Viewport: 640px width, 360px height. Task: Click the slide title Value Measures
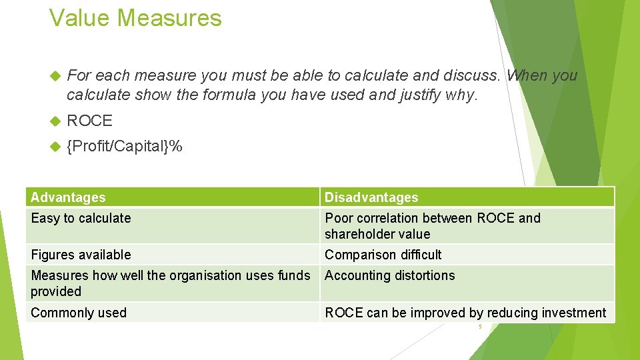(x=135, y=18)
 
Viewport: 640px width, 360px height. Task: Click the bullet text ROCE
(x=90, y=121)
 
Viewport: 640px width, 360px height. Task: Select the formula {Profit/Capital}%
(x=125, y=145)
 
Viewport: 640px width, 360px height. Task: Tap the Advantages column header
(x=68, y=197)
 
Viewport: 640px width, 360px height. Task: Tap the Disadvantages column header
(x=371, y=197)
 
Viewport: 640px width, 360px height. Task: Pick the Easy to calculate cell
(x=81, y=218)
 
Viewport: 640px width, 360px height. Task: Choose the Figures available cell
(x=81, y=255)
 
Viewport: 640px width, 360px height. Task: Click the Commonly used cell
(x=79, y=313)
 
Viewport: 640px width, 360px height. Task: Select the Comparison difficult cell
(x=383, y=255)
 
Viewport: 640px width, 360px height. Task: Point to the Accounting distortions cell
(x=389, y=275)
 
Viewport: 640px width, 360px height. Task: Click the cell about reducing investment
(x=465, y=313)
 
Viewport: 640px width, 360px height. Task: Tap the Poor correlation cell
(x=432, y=225)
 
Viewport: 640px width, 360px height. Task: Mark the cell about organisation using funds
(x=170, y=283)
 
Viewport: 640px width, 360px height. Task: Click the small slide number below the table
(x=479, y=327)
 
